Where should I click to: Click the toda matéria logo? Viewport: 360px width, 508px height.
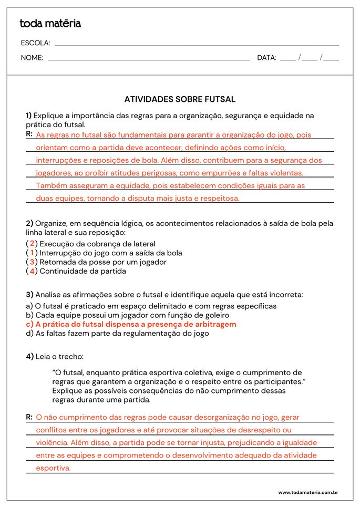point(50,24)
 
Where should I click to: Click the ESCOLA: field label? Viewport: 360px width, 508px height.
point(35,43)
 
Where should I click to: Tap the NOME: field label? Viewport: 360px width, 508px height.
point(32,58)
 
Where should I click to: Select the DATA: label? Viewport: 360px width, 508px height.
point(266,58)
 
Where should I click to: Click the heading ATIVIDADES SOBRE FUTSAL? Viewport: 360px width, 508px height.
point(180,99)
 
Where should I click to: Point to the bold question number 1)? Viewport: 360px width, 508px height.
point(29,116)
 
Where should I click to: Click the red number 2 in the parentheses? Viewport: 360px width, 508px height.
point(32,243)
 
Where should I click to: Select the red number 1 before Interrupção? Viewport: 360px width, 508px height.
point(32,253)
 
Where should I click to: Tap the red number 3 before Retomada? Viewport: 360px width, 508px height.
point(32,262)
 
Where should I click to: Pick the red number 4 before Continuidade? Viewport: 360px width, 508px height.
point(32,271)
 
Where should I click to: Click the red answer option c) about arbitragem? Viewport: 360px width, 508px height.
point(131,324)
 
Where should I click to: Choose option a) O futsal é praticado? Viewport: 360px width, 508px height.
point(151,306)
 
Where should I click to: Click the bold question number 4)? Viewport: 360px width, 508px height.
point(29,356)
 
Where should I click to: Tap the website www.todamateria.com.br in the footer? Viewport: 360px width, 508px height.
point(307,492)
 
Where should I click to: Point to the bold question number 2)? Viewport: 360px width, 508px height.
point(29,223)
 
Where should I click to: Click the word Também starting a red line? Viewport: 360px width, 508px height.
point(50,185)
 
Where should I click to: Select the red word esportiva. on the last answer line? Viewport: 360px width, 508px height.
point(53,468)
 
